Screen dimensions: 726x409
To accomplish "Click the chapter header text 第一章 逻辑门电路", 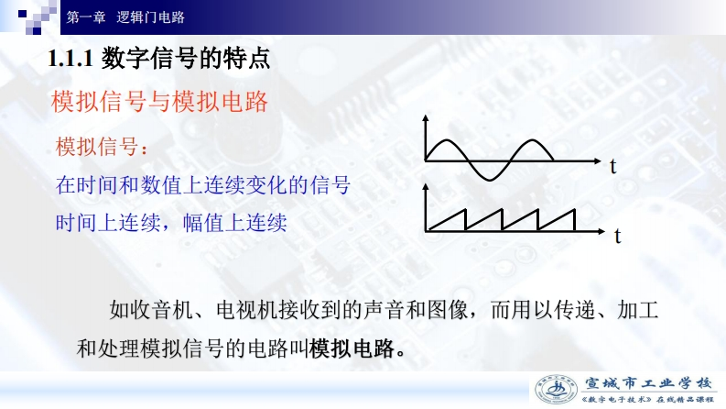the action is (125, 17).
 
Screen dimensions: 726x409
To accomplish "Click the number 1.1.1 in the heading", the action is (70, 59).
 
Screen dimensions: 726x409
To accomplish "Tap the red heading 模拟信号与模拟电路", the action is (159, 102).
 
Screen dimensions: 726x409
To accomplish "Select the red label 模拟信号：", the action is (102, 147).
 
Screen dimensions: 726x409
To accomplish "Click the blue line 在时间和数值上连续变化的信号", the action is (203, 185).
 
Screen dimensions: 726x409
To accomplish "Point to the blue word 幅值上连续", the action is (234, 223).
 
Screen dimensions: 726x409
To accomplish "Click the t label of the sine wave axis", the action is (613, 167).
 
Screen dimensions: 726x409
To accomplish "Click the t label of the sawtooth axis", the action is (617, 236).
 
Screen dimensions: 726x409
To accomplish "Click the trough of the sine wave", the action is (490, 180).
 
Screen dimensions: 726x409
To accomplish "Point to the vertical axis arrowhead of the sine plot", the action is (426, 117).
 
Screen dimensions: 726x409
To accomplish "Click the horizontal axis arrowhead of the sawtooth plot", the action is (601, 231).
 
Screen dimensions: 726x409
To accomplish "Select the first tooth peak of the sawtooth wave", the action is (464, 210).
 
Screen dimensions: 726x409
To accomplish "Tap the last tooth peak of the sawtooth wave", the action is (575, 210).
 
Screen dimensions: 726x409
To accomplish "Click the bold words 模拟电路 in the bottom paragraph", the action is (352, 348).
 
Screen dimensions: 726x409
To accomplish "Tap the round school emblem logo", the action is (556, 390).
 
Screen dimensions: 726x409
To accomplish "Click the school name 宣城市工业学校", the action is (648, 383).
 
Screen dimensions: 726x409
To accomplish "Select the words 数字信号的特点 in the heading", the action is (186, 59).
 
